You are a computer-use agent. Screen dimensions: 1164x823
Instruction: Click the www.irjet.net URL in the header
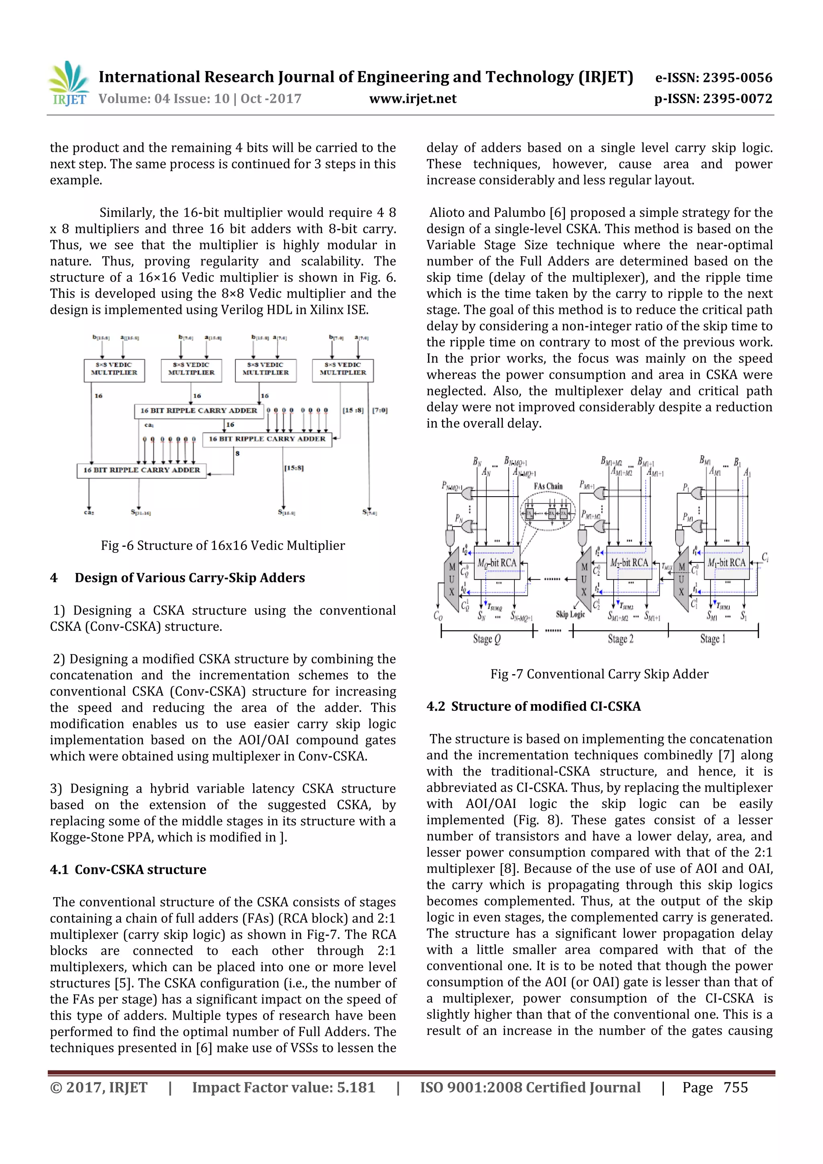pos(412,98)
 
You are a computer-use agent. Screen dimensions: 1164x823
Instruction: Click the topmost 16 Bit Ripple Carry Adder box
pos(199,411)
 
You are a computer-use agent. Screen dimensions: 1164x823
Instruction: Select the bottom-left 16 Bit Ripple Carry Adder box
pos(141,470)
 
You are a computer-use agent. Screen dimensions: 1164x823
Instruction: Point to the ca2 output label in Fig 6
pos(89,513)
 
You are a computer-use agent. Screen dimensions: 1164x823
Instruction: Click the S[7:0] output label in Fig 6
pos(369,513)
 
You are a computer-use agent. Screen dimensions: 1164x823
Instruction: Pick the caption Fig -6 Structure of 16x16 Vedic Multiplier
pos(223,546)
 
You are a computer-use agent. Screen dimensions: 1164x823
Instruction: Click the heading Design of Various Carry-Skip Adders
pos(190,578)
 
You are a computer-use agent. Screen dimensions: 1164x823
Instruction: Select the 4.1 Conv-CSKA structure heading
pos(128,869)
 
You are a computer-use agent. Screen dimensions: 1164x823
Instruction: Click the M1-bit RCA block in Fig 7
pos(726,563)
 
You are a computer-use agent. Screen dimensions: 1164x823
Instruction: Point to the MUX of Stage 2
pos(584,579)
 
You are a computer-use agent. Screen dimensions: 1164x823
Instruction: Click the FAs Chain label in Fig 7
pos(548,486)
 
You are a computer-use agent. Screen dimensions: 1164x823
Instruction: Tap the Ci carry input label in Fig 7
pos(765,558)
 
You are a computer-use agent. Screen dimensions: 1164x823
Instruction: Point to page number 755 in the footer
pos(735,1087)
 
